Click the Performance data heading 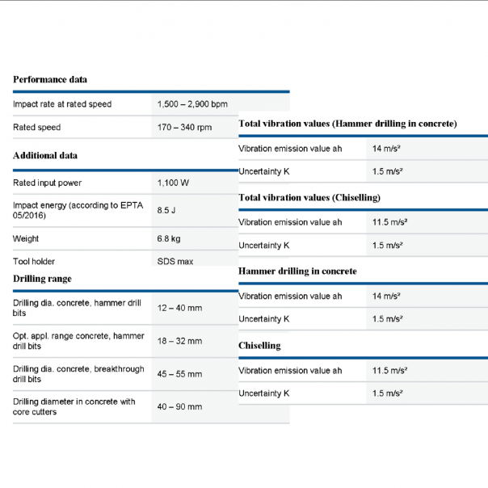coord(50,79)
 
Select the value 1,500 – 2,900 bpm coord(192,104)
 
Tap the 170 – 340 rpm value coord(184,128)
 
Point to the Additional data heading coord(45,155)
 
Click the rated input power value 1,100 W coord(174,183)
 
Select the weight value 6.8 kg coord(169,239)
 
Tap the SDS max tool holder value coord(175,262)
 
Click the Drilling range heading coord(42,279)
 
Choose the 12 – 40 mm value coord(179,309)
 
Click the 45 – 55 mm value coord(179,374)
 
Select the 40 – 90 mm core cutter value coord(179,407)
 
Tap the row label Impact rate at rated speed coord(62,104)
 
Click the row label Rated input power coord(48,183)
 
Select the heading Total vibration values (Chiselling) coord(309,197)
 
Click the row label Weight coord(26,239)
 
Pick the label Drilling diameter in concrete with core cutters coord(74,406)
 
